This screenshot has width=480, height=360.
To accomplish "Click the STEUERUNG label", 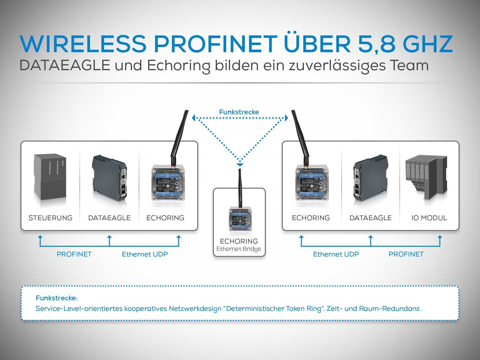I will pyautogui.click(x=50, y=218).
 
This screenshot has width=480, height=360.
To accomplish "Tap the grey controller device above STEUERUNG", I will pyautogui.click(x=50, y=177).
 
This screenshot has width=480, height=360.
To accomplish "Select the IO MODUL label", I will pyautogui.click(x=429, y=218).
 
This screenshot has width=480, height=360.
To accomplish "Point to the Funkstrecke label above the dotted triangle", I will pyautogui.click(x=239, y=112).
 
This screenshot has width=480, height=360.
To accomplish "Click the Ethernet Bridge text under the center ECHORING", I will pyautogui.click(x=239, y=249).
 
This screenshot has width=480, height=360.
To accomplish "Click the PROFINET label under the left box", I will pyautogui.click(x=74, y=254).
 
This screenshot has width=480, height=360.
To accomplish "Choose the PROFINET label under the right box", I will pyautogui.click(x=406, y=254).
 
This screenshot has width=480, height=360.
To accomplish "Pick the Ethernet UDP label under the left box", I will pyautogui.click(x=145, y=254).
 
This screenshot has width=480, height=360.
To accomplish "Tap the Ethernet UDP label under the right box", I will pyautogui.click(x=336, y=254).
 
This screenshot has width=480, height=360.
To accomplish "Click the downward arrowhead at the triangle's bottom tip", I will pyautogui.click(x=239, y=165).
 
